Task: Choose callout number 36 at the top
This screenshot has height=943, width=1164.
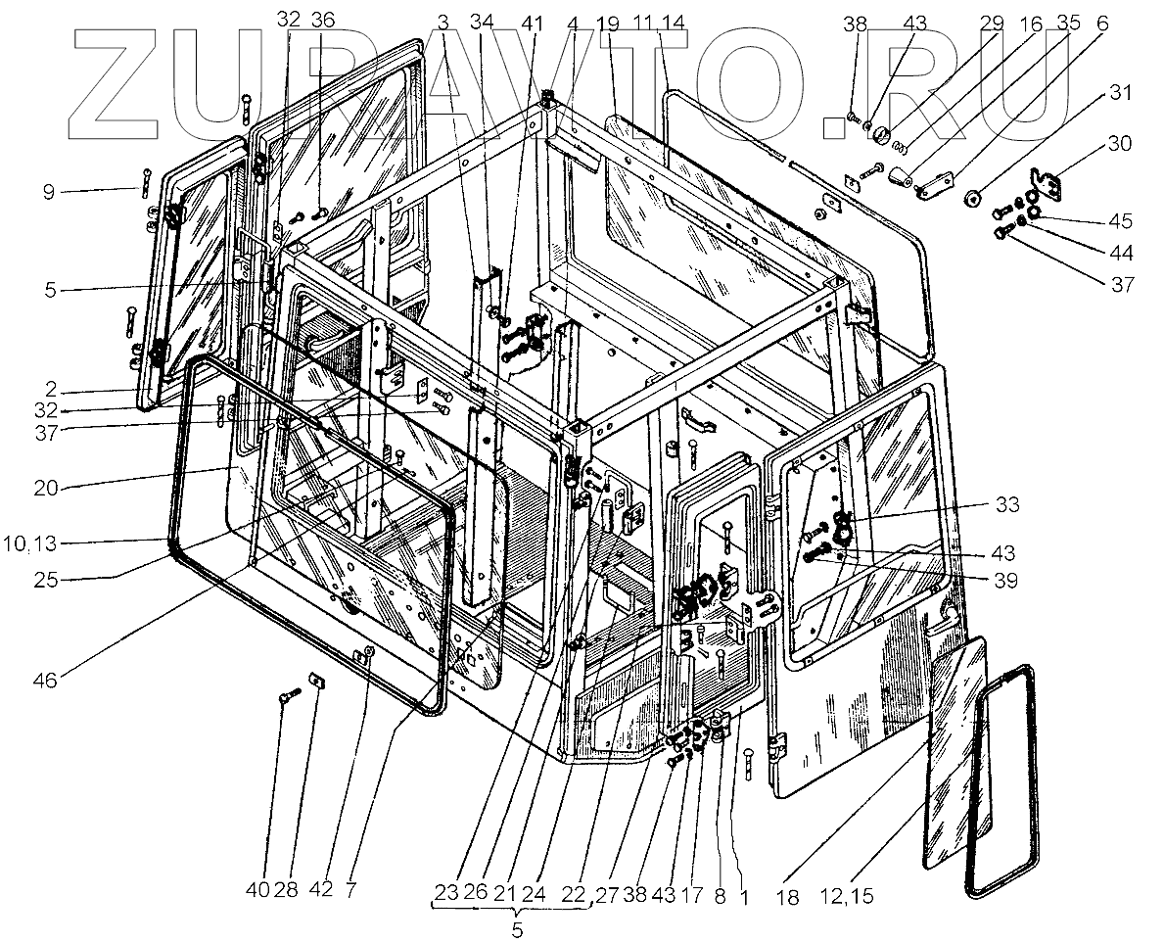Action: (322, 20)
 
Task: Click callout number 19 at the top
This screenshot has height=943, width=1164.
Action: (608, 20)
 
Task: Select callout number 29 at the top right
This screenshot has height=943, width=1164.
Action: (990, 20)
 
